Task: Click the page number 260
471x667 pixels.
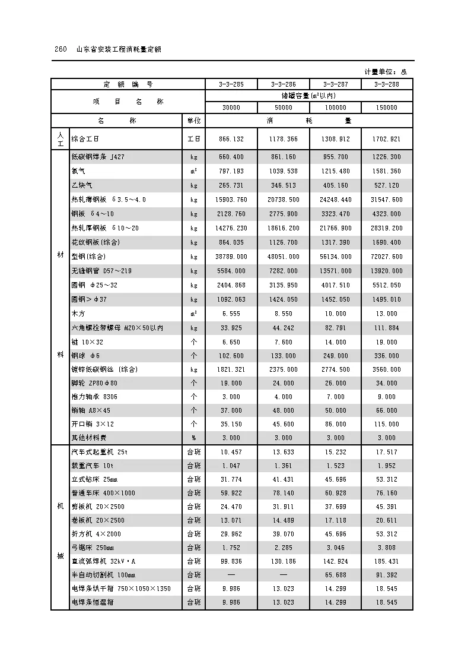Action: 59,49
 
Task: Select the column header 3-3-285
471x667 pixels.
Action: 231,84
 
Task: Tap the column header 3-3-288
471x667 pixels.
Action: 386,84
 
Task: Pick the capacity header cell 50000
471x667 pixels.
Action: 283,108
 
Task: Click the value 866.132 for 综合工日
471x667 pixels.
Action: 231,139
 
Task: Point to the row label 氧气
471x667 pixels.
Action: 78,171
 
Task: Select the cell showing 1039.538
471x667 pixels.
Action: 283,171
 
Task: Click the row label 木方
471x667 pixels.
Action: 78,314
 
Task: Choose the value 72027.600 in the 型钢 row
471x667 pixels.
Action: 386,257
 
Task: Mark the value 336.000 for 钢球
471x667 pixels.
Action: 386,356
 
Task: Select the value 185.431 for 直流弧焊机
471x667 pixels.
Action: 386,561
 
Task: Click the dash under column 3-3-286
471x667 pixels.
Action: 283,575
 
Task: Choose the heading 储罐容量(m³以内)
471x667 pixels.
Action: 308,95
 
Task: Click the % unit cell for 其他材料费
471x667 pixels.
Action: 193,438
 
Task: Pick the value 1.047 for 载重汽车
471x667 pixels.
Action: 231,466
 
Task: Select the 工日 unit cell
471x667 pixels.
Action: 193,139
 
